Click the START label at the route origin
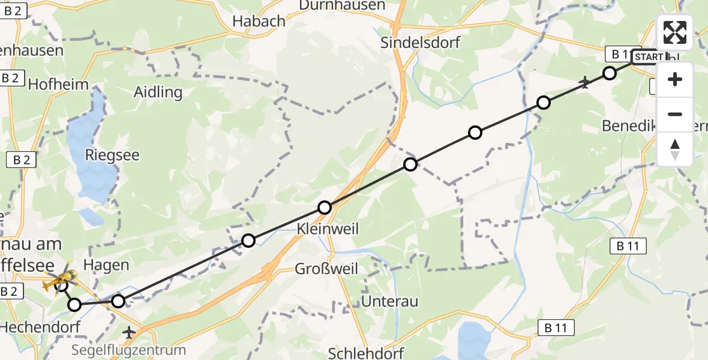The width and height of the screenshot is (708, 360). pos(649,57)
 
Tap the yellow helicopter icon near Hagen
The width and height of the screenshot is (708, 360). pos(61,278)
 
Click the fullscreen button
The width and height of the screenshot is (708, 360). pos(675,32)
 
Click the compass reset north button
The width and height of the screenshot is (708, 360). pos(675,149)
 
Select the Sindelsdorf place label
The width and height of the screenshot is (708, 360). pos(421,43)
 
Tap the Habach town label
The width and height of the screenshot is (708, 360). pos(259,21)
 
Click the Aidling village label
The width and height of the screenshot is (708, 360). pos(158,92)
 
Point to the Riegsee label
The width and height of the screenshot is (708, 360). pos(112,155)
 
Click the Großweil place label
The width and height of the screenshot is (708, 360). pos(326,268)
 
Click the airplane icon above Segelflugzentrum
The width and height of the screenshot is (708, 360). pos(129,331)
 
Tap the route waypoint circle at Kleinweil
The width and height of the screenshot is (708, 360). pos(325,208)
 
